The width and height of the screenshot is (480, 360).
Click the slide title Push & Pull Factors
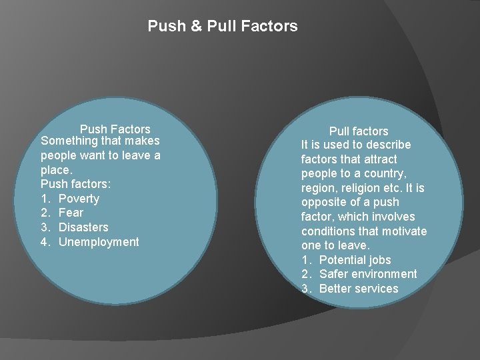tap(223, 27)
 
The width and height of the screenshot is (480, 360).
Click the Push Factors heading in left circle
tap(115, 129)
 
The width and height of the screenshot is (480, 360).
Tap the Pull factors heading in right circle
tap(358, 131)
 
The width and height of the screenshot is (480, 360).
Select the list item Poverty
tap(79, 199)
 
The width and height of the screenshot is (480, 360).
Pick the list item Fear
tap(71, 213)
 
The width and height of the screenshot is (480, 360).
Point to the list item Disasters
tap(83, 227)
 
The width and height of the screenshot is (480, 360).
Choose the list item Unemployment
tap(99, 242)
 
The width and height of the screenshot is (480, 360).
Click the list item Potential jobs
tap(355, 259)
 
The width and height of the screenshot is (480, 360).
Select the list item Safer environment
tap(368, 274)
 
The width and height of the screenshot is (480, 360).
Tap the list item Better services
tap(359, 289)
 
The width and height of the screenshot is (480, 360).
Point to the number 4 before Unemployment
tap(45, 242)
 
